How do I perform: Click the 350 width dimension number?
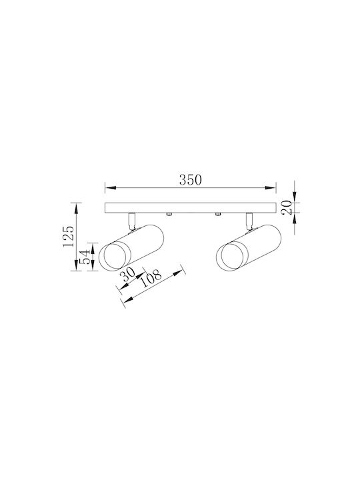pyautogui.click(x=191, y=180)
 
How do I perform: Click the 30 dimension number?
pyautogui.click(x=128, y=275)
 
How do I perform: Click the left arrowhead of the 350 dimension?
pyautogui.click(x=109, y=187)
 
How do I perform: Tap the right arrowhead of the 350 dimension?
pyautogui.click(x=271, y=187)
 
